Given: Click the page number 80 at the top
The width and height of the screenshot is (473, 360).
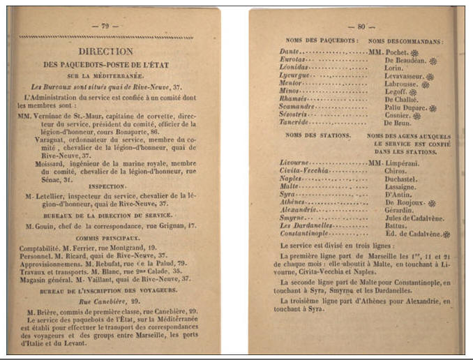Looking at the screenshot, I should [x=361, y=27].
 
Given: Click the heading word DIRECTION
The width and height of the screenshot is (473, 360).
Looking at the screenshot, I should [x=105, y=51].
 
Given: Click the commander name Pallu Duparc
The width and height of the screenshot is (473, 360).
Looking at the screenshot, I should [x=406, y=107].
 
